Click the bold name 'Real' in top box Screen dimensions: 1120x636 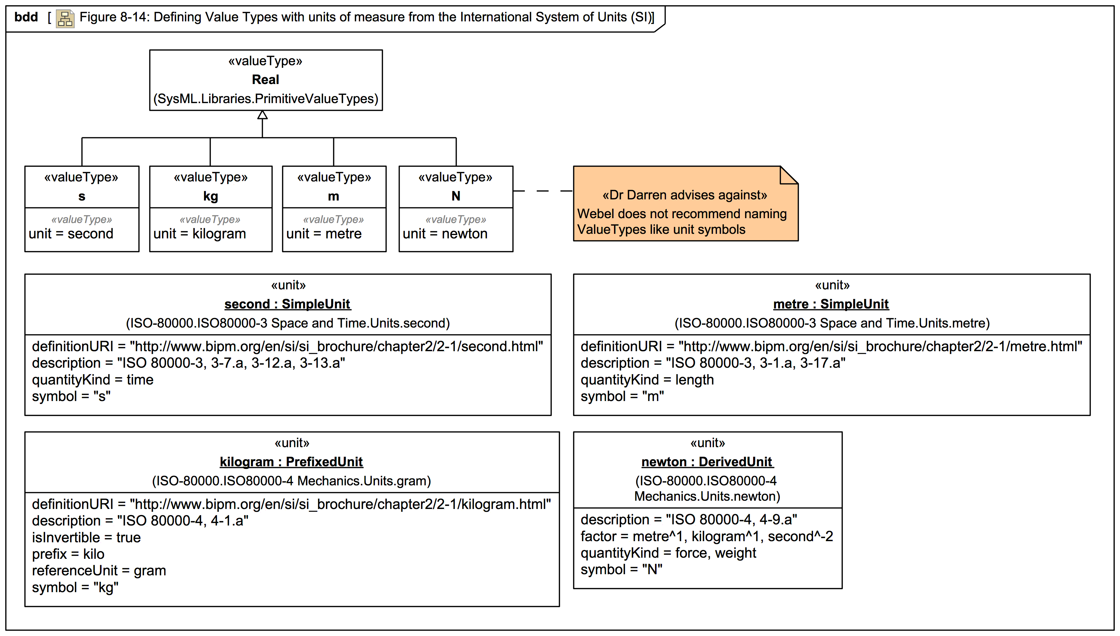click(265, 79)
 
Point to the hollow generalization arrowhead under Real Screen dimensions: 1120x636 click(262, 115)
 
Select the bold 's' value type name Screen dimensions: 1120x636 click(82, 196)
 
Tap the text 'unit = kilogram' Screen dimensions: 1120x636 click(200, 234)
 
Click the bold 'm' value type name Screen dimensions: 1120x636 click(334, 196)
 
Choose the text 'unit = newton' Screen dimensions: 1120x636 click(445, 234)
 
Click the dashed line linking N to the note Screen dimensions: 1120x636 click(543, 191)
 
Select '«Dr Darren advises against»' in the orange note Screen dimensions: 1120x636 click(685, 195)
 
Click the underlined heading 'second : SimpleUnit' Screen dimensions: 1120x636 click(288, 304)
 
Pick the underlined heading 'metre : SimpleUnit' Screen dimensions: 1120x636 click(831, 304)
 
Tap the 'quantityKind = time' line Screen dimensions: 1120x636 click(93, 380)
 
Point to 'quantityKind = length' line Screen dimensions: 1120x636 click(647, 380)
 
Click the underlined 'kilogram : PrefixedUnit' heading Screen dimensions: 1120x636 click(291, 461)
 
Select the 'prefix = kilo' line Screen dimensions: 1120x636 click(68, 554)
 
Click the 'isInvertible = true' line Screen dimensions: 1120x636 click(86, 537)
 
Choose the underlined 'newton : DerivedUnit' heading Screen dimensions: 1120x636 click(707, 461)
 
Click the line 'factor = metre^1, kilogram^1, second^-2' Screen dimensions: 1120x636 click(706, 536)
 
